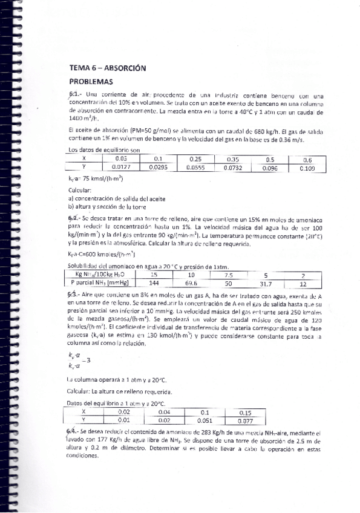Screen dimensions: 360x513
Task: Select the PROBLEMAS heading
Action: point(91,81)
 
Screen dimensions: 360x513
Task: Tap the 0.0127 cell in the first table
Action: point(122,168)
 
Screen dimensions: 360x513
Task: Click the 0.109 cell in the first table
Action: point(307,168)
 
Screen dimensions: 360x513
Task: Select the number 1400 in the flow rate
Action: point(78,119)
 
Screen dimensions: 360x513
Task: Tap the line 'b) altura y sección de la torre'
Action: point(110,206)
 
